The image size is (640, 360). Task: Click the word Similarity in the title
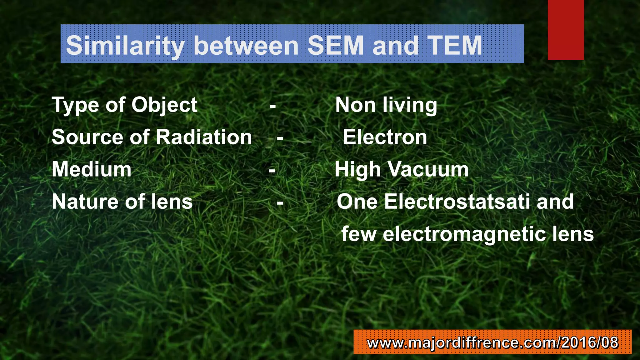coord(125,46)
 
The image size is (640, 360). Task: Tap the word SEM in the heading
coord(336,46)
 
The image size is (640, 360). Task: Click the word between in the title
coord(247,46)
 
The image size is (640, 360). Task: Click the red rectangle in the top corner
coord(566,30)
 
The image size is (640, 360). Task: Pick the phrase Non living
coord(386,105)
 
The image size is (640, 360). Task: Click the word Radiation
coord(204,137)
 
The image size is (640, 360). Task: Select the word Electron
coord(385,137)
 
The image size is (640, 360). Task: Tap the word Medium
coord(92,169)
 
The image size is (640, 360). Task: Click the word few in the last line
coord(359,234)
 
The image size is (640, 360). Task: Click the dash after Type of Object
coord(272,107)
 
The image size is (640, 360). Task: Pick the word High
coord(357,169)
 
